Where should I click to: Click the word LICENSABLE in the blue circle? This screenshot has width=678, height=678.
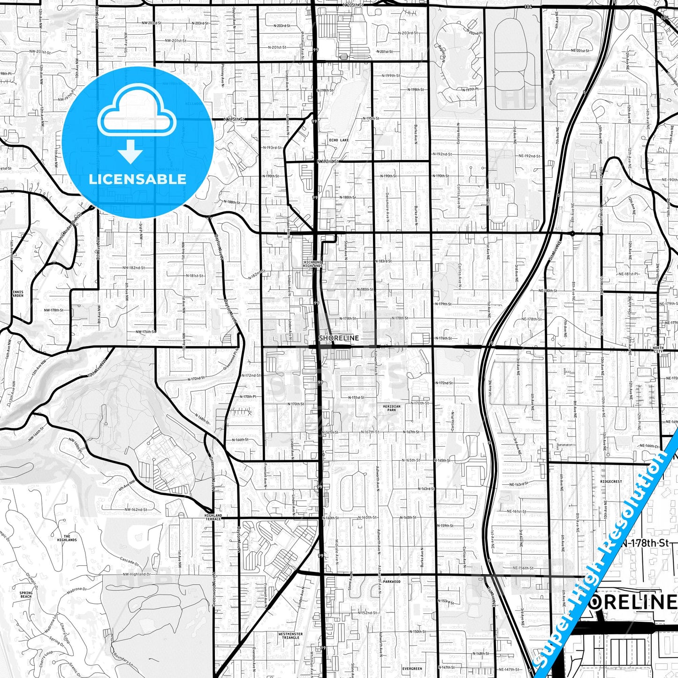click(137, 179)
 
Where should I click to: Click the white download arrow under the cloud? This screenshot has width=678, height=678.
click(130, 151)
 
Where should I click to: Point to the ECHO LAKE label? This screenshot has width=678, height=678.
click(339, 140)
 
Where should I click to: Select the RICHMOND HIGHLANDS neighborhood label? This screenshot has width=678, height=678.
click(313, 264)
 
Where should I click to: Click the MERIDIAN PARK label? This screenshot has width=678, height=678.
click(391, 408)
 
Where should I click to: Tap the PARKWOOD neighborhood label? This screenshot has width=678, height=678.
click(391, 581)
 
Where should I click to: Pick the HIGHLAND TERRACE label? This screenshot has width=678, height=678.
click(213, 517)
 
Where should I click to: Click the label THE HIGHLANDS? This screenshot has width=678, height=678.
click(67, 538)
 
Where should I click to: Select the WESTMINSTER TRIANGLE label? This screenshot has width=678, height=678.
click(290, 636)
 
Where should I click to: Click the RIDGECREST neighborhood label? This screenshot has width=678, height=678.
click(611, 481)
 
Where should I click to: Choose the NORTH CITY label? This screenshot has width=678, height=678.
click(658, 350)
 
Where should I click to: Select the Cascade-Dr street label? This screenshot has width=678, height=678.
click(129, 560)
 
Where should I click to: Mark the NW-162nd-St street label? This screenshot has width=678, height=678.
click(136, 510)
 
